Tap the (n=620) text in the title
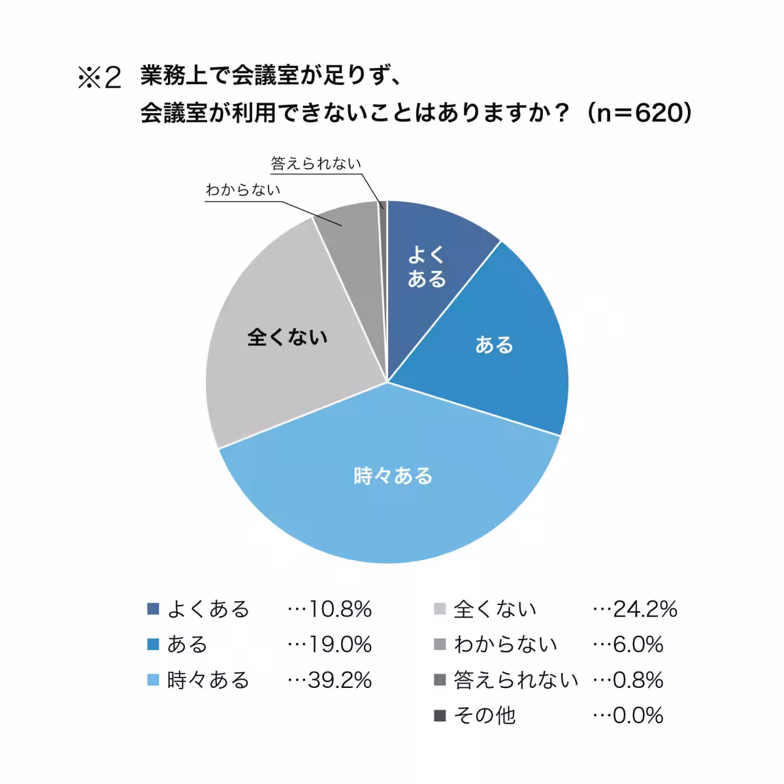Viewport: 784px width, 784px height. coord(638,114)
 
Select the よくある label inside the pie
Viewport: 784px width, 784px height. coord(427,267)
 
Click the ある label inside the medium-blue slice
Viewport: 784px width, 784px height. coord(494,344)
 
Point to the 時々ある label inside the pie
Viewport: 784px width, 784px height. coord(393,476)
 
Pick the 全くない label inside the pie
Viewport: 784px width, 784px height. coord(287,337)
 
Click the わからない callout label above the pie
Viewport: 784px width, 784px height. coord(242,189)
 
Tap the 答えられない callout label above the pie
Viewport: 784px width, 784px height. coord(316,163)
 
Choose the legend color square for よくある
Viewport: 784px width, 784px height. coord(154,609)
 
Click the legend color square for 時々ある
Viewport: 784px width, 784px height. coord(154,680)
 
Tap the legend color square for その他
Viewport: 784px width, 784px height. coord(440,715)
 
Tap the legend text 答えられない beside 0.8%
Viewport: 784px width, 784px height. coord(516,680)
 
